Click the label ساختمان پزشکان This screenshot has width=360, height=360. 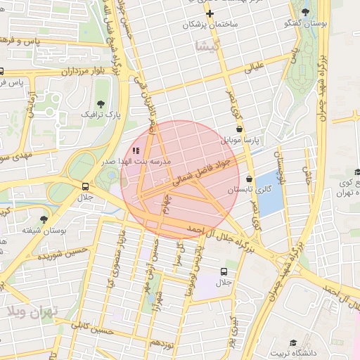click(210, 25)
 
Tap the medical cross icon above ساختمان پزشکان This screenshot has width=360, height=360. click(210, 13)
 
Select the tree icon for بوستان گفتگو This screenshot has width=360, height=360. click(305, 12)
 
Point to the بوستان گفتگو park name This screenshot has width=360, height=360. click(305, 24)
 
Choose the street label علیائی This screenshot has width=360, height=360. click(254, 68)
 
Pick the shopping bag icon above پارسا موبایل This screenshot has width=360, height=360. click(241, 129)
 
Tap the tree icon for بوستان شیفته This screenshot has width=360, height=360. click(44, 219)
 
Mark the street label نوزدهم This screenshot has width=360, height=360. click(162, 342)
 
